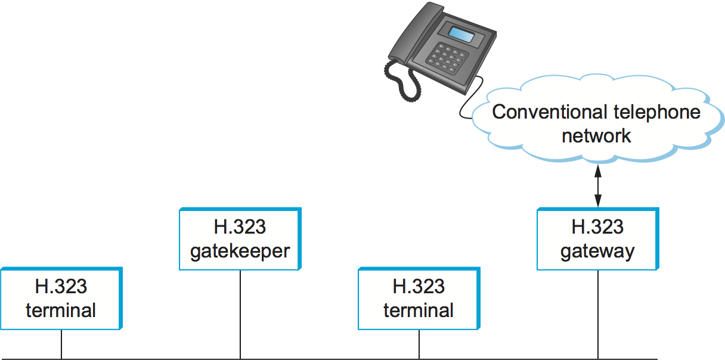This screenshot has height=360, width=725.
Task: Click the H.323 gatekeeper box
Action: [x=240, y=239]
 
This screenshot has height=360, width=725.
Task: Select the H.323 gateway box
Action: [x=597, y=239]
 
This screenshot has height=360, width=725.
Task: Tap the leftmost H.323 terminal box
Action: [x=61, y=299]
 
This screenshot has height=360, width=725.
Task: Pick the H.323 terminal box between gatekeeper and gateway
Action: [x=419, y=299]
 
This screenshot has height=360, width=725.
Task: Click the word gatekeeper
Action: [x=240, y=251]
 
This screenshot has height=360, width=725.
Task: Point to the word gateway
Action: [x=597, y=251]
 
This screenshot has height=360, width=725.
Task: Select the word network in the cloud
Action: [x=596, y=135]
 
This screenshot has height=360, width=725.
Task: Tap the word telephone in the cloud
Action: [x=656, y=112]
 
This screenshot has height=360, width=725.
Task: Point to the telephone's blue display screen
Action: [x=461, y=35]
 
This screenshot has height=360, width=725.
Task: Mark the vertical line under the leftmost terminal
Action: [x=61, y=345]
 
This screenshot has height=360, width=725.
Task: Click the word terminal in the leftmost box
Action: [x=61, y=311]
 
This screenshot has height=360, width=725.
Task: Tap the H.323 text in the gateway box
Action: [x=597, y=227]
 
